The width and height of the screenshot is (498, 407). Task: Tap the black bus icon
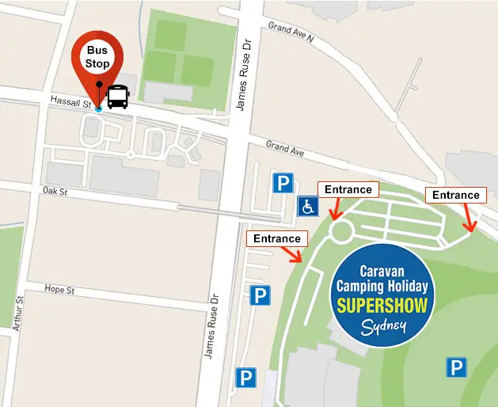click(x=117, y=97)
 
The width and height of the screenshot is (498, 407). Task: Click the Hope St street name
click(x=59, y=290)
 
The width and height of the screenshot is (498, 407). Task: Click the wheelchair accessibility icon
click(x=308, y=207)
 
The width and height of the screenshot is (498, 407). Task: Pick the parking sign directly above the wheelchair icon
click(x=283, y=184)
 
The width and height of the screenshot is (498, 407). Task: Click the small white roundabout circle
click(x=342, y=231)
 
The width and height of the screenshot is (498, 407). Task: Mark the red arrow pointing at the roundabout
click(x=336, y=210)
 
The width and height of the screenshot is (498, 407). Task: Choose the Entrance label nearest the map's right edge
click(x=455, y=195)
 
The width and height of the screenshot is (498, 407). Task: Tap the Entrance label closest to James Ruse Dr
click(x=277, y=238)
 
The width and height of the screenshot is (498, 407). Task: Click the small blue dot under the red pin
click(x=98, y=108)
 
